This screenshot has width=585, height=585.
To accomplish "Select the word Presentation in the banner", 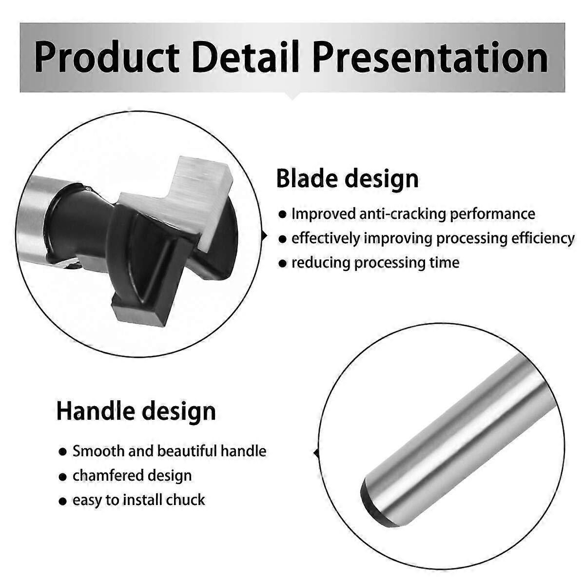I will [x=430, y=58].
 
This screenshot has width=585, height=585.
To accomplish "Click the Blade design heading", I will [x=347, y=178].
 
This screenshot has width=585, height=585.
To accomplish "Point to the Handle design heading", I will [x=136, y=410].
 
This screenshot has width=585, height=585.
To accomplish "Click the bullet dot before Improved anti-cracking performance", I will [x=282, y=214].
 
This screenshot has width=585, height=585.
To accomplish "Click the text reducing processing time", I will [x=375, y=263].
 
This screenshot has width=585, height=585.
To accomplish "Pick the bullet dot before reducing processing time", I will [x=282, y=264].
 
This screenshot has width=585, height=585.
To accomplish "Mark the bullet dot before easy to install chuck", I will [x=62, y=501].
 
